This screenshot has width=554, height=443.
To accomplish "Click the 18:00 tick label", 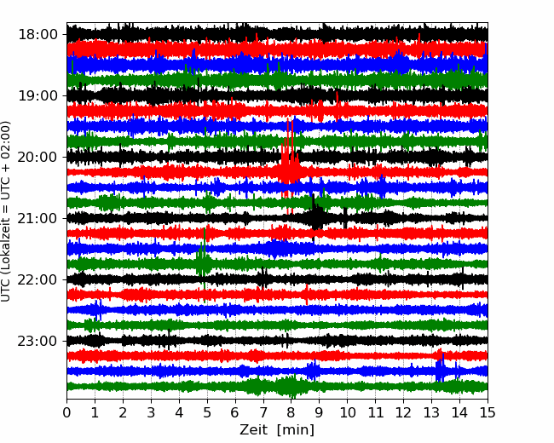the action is tap(38, 35).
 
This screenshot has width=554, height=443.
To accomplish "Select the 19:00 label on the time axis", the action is tap(38, 96).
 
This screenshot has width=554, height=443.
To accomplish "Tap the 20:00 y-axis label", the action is tap(38, 158).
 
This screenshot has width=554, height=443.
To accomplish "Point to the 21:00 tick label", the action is tap(38, 219).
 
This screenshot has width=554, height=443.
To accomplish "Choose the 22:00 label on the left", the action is tap(38, 279).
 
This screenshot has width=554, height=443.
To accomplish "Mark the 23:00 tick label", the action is tap(38, 342).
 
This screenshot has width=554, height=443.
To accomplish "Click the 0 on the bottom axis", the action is tap(66, 412).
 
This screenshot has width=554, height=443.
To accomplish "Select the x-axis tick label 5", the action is tap(207, 412).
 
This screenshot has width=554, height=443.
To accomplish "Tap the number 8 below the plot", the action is tap(291, 412).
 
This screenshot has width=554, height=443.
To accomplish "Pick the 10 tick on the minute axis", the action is tap(347, 412).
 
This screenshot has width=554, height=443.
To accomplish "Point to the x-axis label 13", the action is tap(431, 412).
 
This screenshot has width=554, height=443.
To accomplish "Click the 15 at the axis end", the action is tap(488, 412).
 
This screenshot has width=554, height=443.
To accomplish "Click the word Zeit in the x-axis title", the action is tap(253, 429).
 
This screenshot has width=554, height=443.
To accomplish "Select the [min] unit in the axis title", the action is tap(296, 430).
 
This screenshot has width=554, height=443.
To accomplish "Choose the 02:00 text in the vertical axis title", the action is tap(5, 136).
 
